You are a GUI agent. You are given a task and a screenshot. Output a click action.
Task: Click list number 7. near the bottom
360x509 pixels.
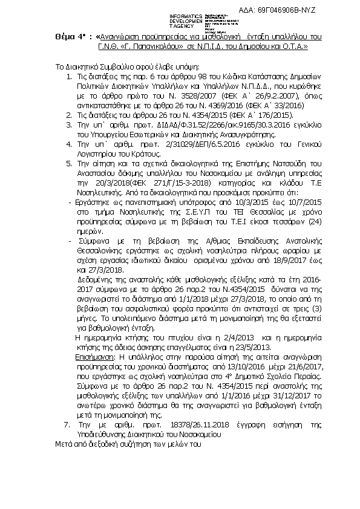tap(67, 426)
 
